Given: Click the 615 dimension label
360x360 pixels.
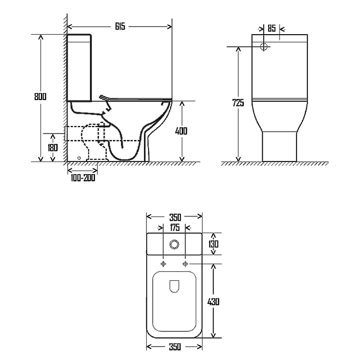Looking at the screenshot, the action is [x=120, y=27].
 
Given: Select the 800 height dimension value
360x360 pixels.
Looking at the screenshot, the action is [x=40, y=96].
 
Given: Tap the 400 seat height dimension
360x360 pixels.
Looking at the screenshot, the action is [x=181, y=131].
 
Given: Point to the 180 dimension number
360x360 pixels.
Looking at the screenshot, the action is [x=53, y=148].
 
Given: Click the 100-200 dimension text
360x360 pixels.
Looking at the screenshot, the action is [x=83, y=178].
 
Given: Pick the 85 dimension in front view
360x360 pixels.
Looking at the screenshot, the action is [x=272, y=28].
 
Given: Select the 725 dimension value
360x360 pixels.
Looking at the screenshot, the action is [x=238, y=103].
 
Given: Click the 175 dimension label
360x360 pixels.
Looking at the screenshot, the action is [x=175, y=228].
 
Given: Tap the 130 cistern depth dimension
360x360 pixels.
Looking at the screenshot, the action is [x=213, y=244].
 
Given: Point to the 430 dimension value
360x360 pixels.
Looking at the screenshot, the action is [x=213, y=301].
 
